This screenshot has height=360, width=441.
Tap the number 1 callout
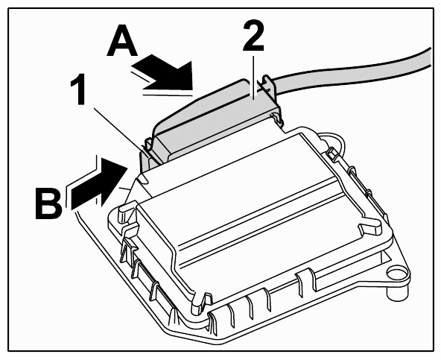pyautogui.click(x=79, y=89)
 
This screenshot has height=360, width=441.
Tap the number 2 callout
pyautogui.click(x=253, y=36)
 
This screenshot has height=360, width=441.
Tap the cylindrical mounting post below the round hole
pyautogui.click(x=396, y=293)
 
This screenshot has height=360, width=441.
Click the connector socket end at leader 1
pyautogui.click(x=149, y=157)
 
